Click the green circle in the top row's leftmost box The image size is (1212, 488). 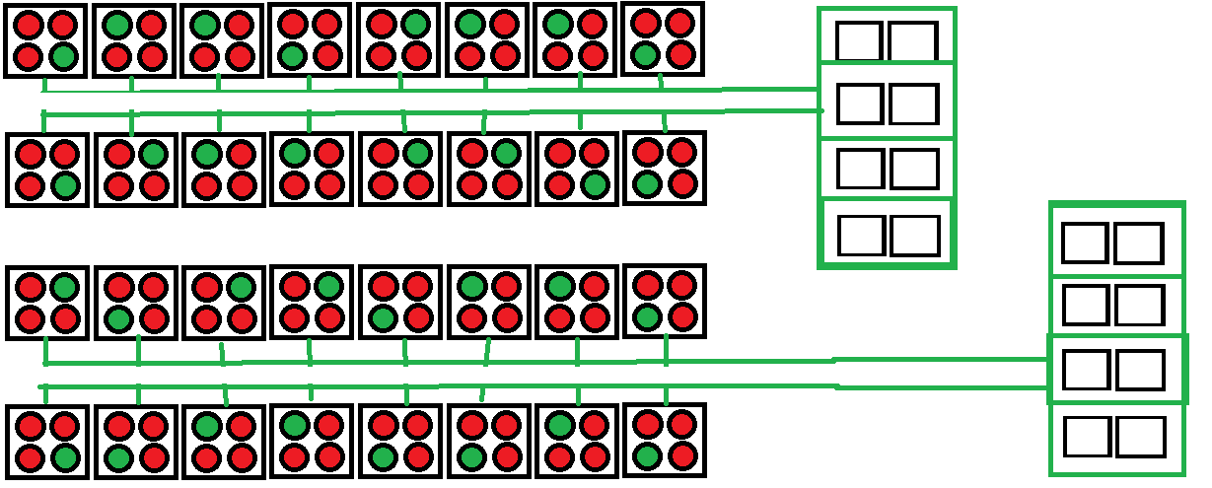point(62,56)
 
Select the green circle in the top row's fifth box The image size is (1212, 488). point(415,25)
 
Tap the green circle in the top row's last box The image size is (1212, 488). point(646,52)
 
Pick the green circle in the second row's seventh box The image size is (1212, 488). point(593,184)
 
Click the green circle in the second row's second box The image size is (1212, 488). point(153,154)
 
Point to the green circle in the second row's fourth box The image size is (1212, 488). point(295,154)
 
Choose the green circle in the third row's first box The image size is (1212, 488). point(64,288)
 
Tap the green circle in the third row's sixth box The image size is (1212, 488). point(472,288)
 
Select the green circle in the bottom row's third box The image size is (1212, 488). point(207,427)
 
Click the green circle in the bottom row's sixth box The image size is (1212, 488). point(472,457)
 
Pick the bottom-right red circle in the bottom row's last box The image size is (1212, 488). point(680,456)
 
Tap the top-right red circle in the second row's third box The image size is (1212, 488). point(241,154)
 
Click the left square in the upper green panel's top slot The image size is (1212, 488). point(859,42)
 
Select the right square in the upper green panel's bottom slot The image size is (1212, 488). point(914,236)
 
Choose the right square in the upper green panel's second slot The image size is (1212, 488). point(913,104)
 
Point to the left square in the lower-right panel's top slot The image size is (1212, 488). point(1085,244)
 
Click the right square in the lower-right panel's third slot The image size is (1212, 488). point(1140,370)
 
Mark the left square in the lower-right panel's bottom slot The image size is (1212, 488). point(1087,436)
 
